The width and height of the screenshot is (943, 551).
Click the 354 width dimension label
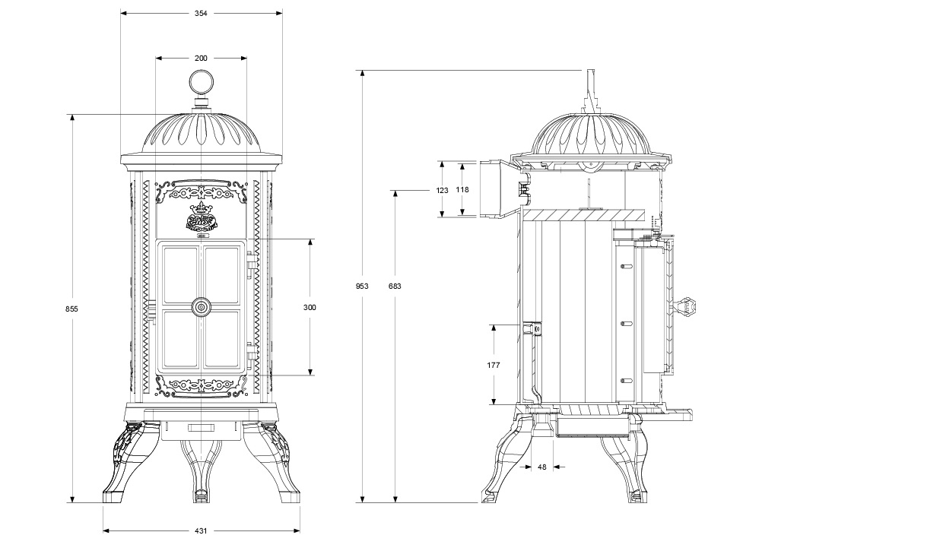(201, 14)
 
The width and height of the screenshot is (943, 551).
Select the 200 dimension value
(201, 58)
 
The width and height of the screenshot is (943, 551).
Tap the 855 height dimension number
(71, 309)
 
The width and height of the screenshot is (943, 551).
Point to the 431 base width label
(201, 530)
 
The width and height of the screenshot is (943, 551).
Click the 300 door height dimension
(310, 308)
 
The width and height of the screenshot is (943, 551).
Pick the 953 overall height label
(362, 286)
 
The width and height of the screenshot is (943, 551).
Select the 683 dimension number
(395, 286)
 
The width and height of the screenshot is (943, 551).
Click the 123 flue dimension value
(442, 191)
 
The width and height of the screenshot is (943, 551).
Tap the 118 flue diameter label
(462, 190)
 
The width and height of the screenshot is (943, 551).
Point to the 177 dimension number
(494, 365)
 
